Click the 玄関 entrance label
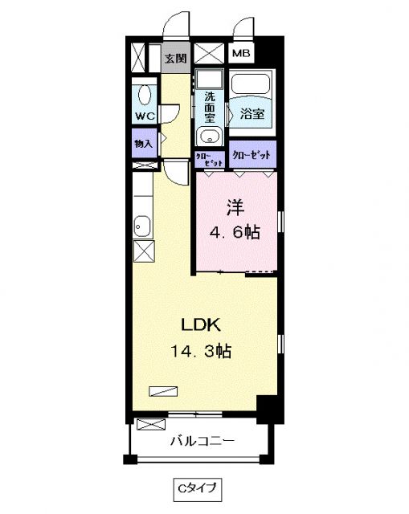pos(176,58)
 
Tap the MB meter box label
pos(241,54)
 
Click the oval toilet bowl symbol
pos(145,95)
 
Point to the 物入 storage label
pos(145,144)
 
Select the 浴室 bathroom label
pos(252,114)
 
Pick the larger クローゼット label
pos(251,153)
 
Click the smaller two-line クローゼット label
pos(209,158)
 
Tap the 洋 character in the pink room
pos(235,207)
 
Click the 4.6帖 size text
pos(235,233)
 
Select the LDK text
pos(201,325)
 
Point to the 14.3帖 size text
pos(201,351)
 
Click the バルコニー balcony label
pos(202,441)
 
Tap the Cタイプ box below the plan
pos(193,487)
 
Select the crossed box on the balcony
pos(151,425)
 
